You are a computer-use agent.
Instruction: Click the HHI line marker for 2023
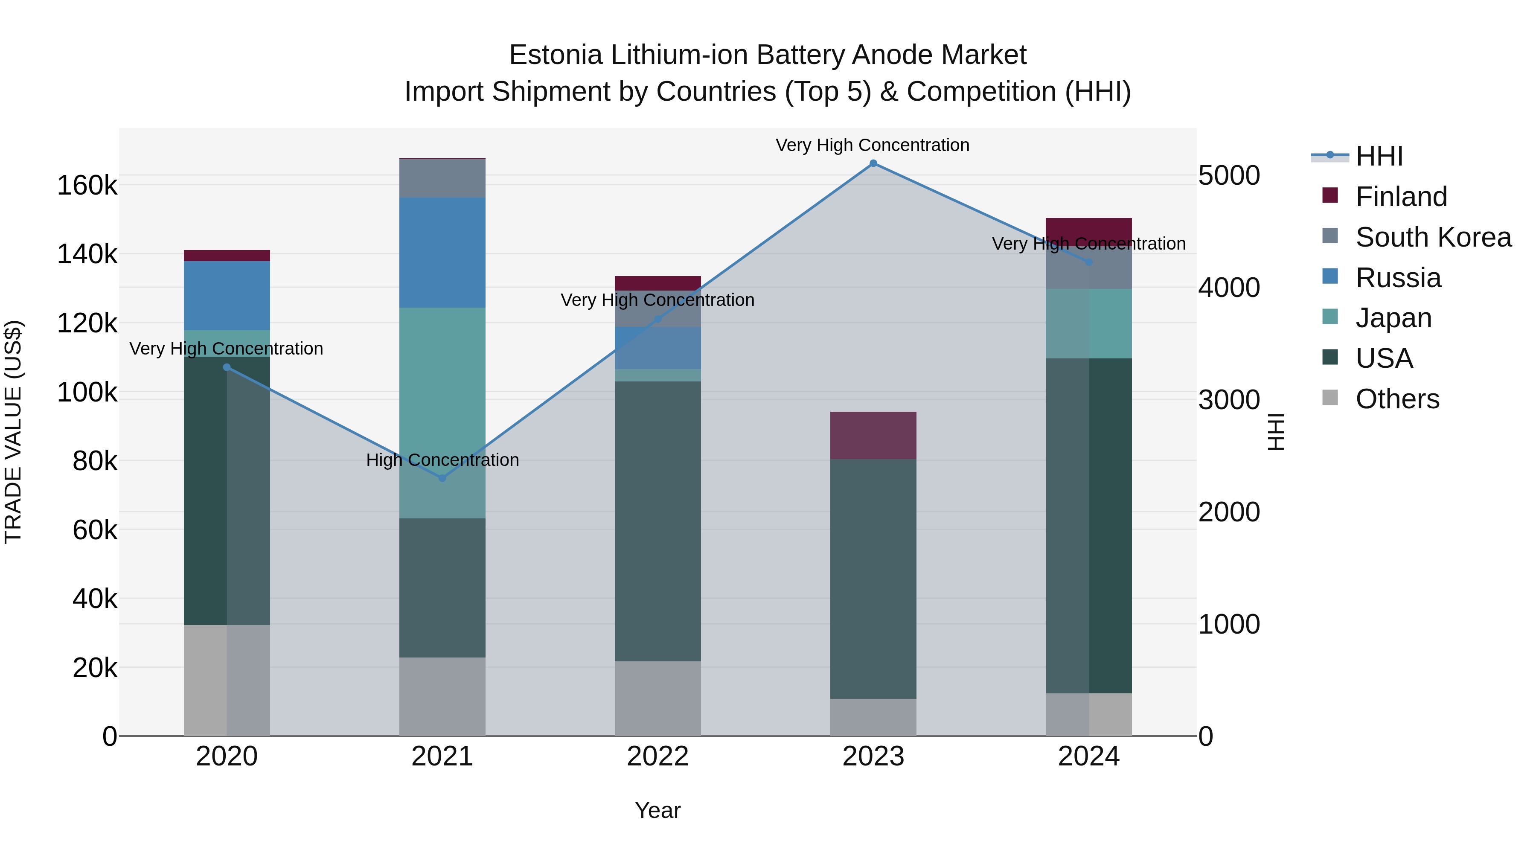pos(873,163)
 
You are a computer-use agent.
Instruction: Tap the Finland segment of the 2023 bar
pos(873,435)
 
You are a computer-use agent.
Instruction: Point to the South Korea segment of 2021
pos(442,178)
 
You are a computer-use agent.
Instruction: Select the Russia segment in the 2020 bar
pos(227,296)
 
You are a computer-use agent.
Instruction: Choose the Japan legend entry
pos(1393,318)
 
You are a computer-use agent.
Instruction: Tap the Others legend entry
pos(1397,399)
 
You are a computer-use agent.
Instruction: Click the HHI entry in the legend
pos(1379,156)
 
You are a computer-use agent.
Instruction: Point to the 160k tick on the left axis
pos(87,186)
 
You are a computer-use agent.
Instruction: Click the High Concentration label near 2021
pos(442,460)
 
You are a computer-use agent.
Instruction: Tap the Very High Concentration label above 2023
pos(873,145)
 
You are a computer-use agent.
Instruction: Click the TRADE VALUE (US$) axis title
pos(13,432)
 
